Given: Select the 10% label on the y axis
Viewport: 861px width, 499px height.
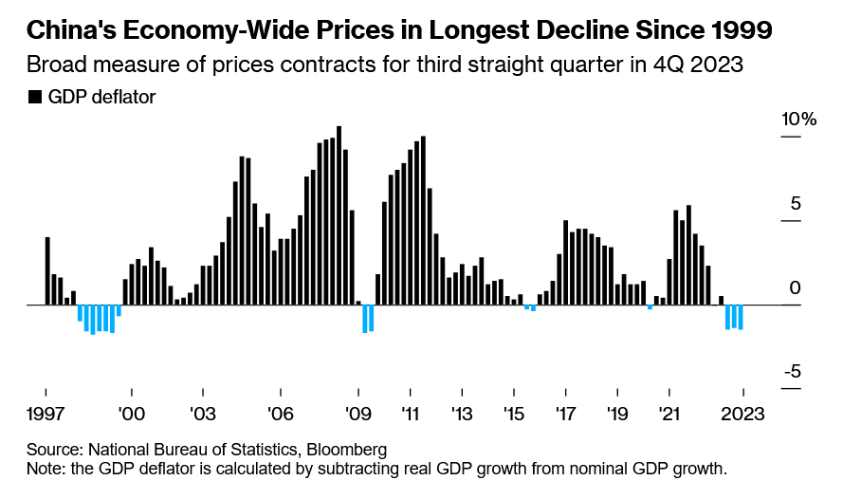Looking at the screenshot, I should click(x=798, y=120).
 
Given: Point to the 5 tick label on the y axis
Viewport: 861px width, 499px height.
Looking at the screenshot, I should click(x=795, y=204).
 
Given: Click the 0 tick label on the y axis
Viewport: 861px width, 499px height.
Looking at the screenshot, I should click(x=795, y=287).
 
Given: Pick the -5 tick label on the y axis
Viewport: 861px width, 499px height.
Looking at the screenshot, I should click(x=792, y=371).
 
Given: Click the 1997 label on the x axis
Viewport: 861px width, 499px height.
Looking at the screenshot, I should click(x=46, y=414).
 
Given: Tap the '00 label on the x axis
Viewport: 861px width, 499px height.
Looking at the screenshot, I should click(x=132, y=414).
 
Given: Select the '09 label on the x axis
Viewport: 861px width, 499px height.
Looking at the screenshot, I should click(x=358, y=414).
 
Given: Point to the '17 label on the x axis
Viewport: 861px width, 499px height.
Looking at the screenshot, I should click(x=565, y=414).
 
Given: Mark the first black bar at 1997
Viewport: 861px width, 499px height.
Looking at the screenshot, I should click(x=47, y=270).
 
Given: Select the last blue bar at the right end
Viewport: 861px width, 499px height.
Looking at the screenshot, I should click(x=741, y=317).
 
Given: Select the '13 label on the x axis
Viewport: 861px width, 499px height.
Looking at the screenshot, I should click(x=462, y=414).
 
